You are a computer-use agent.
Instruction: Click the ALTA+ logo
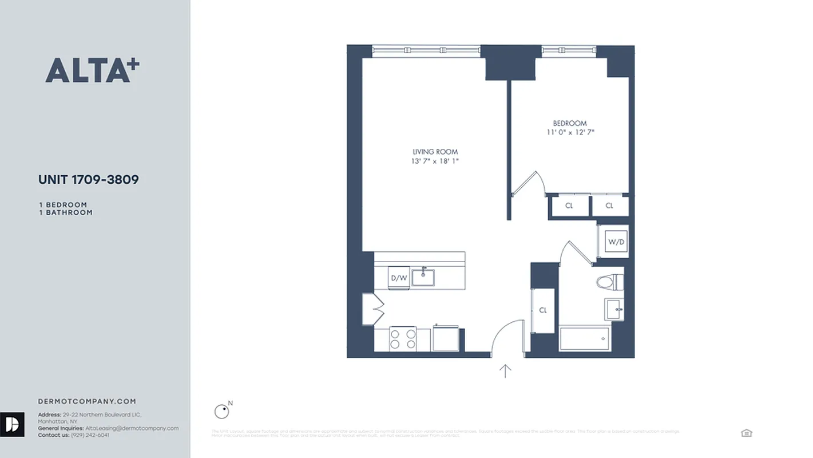point(92,70)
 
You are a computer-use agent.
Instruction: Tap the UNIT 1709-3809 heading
point(88,180)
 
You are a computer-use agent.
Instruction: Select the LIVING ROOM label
point(435,152)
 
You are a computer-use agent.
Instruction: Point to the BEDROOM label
point(569,123)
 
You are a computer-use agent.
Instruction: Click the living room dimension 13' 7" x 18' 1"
point(435,161)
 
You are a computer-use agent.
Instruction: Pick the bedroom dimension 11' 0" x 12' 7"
point(570,133)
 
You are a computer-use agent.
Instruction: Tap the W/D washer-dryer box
point(616,242)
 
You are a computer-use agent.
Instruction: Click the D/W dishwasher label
point(399,278)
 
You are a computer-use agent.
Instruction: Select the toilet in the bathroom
point(609,282)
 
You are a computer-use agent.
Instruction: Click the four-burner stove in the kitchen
point(403,339)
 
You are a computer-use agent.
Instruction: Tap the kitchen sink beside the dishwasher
point(423,278)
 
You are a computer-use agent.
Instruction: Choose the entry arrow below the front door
point(505,371)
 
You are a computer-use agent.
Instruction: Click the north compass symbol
point(221,410)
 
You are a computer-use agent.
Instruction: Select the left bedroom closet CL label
point(569,206)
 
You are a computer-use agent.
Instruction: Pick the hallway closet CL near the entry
point(543,310)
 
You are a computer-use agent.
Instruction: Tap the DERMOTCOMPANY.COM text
point(87,402)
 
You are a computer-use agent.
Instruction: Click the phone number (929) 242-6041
point(90,435)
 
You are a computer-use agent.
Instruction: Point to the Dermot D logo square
point(12,424)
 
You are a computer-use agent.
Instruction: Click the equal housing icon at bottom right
point(746,433)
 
